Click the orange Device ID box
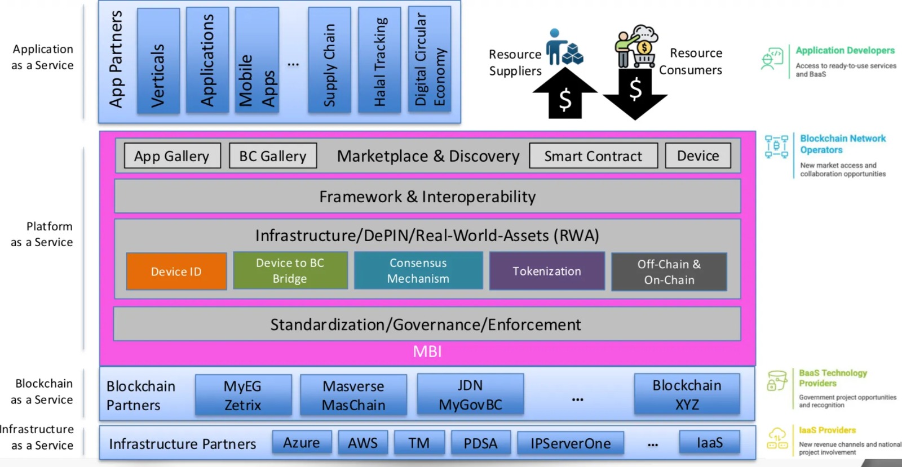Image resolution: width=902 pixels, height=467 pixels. pyautogui.click(x=176, y=272)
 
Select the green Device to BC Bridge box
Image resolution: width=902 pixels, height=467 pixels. pyautogui.click(x=290, y=270)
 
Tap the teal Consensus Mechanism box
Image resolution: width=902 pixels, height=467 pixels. pyautogui.click(x=418, y=270)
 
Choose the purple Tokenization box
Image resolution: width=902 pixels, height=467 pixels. pyautogui.click(x=547, y=271)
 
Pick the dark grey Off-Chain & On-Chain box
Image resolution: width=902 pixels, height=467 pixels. pyautogui.click(x=669, y=272)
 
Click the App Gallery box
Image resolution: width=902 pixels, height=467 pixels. pyautogui.click(x=172, y=156)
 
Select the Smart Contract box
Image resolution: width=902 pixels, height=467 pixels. pyautogui.click(x=593, y=156)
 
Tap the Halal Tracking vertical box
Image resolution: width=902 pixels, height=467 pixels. pyautogui.click(x=380, y=60)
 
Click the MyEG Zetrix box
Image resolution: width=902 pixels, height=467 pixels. pyautogui.click(x=243, y=395)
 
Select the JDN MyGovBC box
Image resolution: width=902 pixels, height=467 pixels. pyautogui.click(x=470, y=395)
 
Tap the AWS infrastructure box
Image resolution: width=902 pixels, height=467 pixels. pyautogui.click(x=362, y=443)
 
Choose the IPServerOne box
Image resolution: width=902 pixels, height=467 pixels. pyautogui.click(x=571, y=443)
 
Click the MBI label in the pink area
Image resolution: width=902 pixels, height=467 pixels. pyautogui.click(x=427, y=352)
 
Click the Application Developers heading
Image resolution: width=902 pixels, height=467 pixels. pyautogui.click(x=845, y=51)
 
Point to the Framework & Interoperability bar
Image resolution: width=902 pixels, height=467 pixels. pyautogui.click(x=427, y=197)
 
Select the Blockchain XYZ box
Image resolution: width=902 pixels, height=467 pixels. pyautogui.click(x=687, y=395)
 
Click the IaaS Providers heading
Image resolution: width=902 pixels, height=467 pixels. pyautogui.click(x=827, y=430)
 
